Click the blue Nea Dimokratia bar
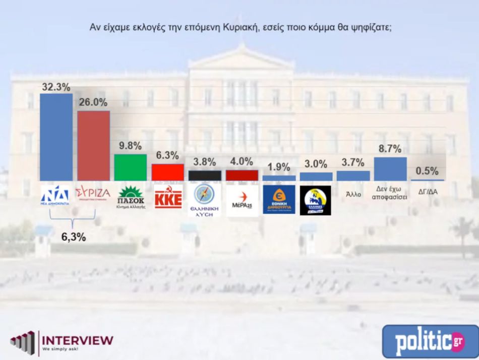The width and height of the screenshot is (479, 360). tap(56, 137)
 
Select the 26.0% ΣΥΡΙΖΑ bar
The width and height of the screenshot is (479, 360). tap(93, 145)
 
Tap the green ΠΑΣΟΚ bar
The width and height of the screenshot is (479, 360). tap(131, 167)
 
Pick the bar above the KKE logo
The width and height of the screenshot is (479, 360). tap(168, 172)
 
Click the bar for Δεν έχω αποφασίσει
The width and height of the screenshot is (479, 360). tap(390, 169)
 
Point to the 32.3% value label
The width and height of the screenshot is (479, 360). tap(55, 87)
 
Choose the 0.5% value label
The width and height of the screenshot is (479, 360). tap(428, 171)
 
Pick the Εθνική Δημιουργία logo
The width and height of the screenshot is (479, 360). tap(279, 199)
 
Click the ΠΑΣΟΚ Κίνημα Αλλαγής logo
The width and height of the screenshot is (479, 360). tap(131, 197)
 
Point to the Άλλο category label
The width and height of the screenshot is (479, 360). tap(353, 194)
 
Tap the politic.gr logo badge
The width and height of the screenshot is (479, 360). tap(430, 341)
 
